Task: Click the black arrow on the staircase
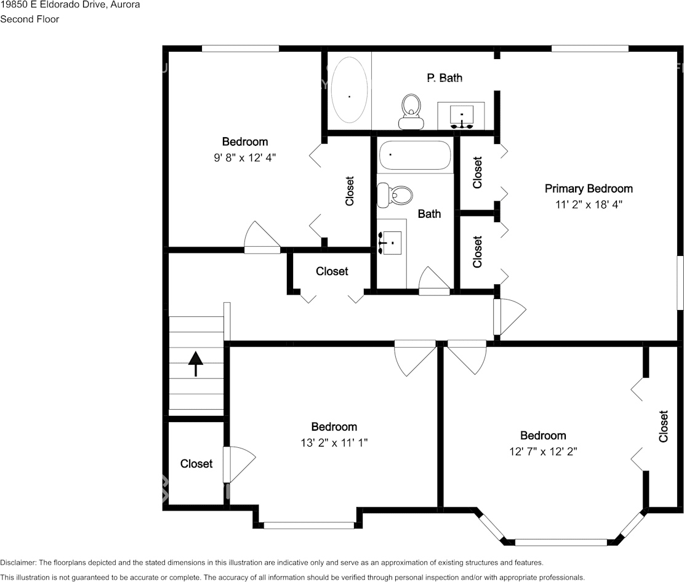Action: (195, 364)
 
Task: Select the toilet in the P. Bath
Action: (411, 111)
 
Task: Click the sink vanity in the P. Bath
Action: (461, 116)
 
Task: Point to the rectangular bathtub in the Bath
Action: (414, 155)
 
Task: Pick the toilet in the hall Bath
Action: (395, 195)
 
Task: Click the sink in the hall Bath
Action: (391, 243)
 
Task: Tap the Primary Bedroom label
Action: (589, 189)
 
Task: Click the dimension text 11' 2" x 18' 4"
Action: (589, 204)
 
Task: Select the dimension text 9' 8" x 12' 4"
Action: (244, 157)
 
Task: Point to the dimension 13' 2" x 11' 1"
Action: (334, 443)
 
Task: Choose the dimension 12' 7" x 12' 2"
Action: (543, 452)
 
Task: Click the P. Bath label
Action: (445, 78)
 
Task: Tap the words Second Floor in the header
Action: (30, 19)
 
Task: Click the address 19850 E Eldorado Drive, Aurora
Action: (70, 5)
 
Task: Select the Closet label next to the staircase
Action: (196, 463)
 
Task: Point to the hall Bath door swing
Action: (434, 280)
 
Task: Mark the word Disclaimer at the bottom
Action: (18, 563)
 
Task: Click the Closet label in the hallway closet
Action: (332, 271)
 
